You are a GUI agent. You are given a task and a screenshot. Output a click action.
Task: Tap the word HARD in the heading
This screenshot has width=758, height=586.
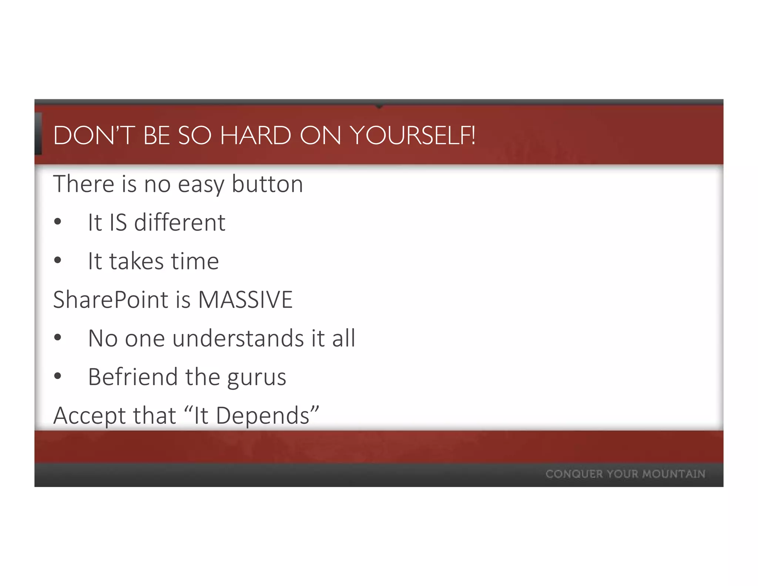tap(255, 136)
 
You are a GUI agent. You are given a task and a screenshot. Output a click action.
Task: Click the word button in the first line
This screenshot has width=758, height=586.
tap(267, 184)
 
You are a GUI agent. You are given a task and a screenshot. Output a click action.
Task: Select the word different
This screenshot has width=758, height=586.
tap(180, 223)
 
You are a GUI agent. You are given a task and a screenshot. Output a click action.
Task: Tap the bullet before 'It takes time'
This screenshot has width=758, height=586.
tap(57, 261)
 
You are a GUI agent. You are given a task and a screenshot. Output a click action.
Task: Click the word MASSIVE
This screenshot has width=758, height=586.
tap(245, 300)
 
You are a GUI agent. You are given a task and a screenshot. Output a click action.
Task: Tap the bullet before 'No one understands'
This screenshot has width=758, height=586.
tap(57, 338)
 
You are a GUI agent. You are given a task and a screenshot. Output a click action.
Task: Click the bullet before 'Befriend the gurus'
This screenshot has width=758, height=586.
tap(57, 376)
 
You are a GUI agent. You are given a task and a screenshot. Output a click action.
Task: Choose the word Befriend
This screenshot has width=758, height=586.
tap(133, 377)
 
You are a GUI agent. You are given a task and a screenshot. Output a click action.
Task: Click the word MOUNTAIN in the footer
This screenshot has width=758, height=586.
tap(674, 474)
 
